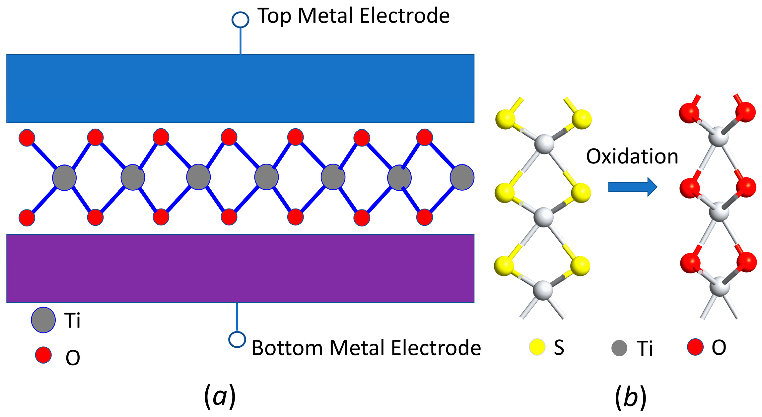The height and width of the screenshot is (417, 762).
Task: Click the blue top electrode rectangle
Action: (240, 89)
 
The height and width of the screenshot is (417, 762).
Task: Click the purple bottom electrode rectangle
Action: (240, 268)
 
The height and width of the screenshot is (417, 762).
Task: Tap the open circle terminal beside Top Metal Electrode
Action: (241, 20)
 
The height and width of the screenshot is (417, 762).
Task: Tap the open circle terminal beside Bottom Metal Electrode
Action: (237, 339)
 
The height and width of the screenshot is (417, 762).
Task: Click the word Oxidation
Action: (632, 156)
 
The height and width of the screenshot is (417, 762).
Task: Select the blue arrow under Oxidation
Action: (632, 187)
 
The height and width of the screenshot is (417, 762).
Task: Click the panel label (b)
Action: (631, 396)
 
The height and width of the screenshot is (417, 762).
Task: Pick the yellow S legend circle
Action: (537, 347)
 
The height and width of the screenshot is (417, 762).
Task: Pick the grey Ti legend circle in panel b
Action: (619, 348)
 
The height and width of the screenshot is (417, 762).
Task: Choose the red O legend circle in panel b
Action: (695, 347)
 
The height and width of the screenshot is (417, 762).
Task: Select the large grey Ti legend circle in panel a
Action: (43, 320)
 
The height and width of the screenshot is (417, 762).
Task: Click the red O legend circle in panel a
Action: (43, 355)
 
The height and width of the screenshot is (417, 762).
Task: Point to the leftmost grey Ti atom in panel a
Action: (64, 178)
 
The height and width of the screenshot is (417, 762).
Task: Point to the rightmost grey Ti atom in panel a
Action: (462, 177)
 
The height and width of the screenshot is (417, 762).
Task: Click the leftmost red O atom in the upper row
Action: (27, 138)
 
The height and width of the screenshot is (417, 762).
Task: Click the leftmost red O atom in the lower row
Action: (27, 218)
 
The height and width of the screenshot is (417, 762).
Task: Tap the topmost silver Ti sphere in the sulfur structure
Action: (544, 144)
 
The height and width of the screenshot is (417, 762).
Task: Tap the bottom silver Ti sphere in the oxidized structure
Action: (720, 287)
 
